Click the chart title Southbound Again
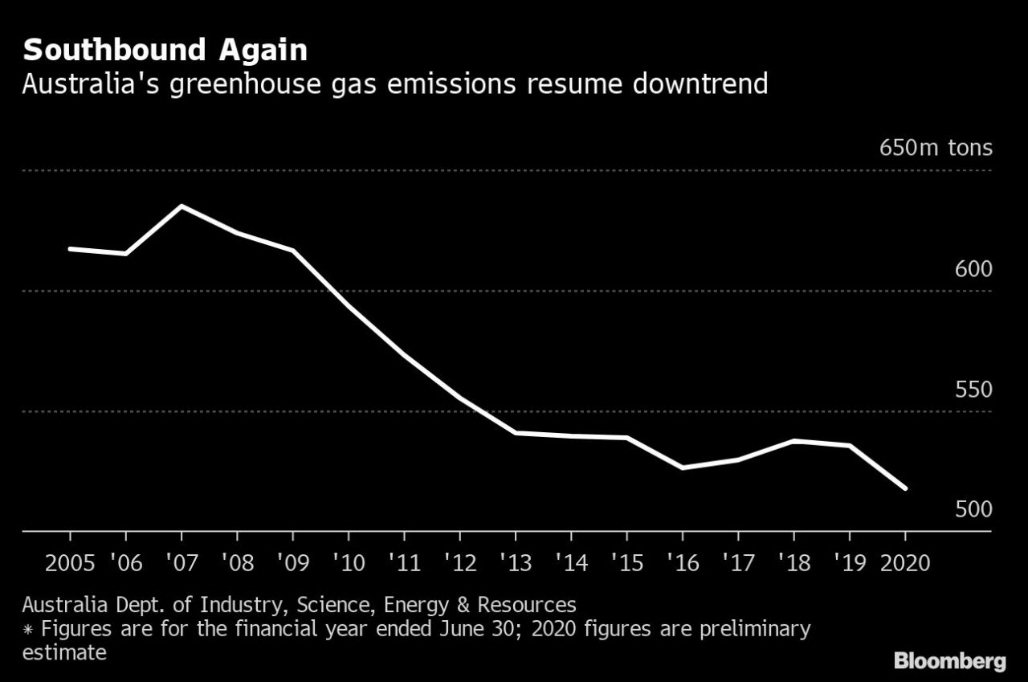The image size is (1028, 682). [165, 51]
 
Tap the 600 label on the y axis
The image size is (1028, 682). [973, 269]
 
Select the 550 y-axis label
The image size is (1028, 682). [973, 390]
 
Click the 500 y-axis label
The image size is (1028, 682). [973, 509]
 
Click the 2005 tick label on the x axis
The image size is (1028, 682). [70, 562]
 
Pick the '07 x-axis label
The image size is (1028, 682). [182, 562]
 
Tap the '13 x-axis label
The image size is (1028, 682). [515, 562]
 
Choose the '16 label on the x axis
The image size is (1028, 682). [682, 562]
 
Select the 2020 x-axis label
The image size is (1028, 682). [905, 562]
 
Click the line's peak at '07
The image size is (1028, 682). [182, 206]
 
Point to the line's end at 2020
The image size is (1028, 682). [905, 488]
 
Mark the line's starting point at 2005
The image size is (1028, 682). [70, 249]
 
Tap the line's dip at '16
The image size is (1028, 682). [682, 468]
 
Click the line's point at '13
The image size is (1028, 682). [515, 433]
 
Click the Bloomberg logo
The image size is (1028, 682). [949, 661]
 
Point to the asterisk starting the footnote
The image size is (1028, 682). [27, 629]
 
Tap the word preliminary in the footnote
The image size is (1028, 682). [753, 628]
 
